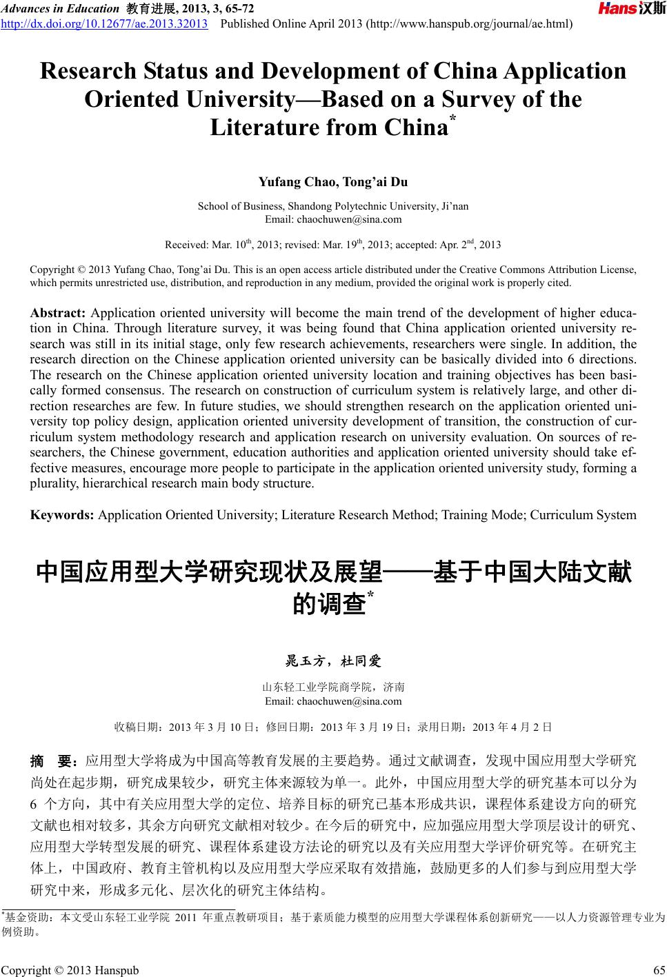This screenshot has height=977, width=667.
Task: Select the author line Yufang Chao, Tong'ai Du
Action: click(x=332, y=182)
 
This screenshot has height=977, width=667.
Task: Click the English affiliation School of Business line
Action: click(x=332, y=206)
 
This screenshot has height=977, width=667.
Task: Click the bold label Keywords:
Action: click(x=62, y=514)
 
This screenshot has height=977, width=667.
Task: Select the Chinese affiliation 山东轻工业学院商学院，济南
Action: click(x=333, y=687)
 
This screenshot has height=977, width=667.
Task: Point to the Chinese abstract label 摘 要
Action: click(x=53, y=762)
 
